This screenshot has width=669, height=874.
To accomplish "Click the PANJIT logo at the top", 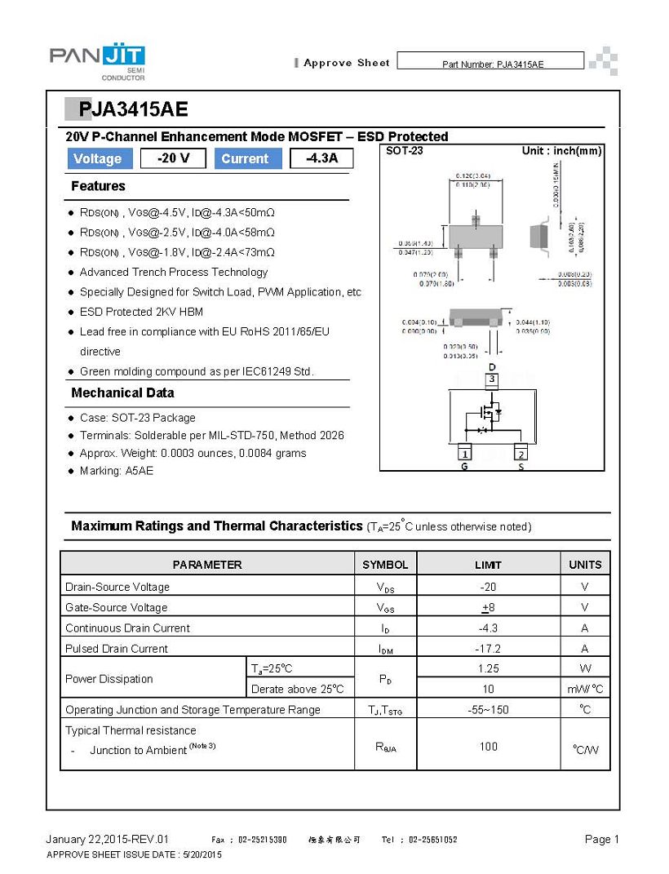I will (x=97, y=61).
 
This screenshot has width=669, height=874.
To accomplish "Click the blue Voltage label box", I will (x=97, y=159).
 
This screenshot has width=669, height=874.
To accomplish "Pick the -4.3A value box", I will (x=321, y=158).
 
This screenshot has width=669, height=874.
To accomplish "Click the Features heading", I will (x=98, y=186).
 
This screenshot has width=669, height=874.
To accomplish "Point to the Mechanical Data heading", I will (x=122, y=393).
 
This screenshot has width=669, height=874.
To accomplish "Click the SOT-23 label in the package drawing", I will (x=404, y=151).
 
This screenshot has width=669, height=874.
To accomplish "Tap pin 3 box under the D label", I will (x=492, y=379).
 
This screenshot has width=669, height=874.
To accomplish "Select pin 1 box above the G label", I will (x=465, y=454).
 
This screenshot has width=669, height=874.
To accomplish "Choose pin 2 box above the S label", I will (x=521, y=454).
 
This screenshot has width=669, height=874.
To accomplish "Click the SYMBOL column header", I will (x=385, y=565).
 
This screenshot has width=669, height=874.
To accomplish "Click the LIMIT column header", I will (x=488, y=565).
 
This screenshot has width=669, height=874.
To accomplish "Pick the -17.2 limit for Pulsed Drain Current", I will (x=488, y=649).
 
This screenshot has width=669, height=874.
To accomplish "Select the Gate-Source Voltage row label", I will (x=116, y=607).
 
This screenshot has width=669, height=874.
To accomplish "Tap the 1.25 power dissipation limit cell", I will (x=488, y=668).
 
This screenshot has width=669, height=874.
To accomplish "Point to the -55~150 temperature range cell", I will (x=488, y=710).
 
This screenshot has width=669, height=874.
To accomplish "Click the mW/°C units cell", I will (x=585, y=690).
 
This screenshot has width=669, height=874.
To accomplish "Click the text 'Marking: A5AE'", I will (x=116, y=471).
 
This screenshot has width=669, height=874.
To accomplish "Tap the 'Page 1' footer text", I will (x=602, y=840).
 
